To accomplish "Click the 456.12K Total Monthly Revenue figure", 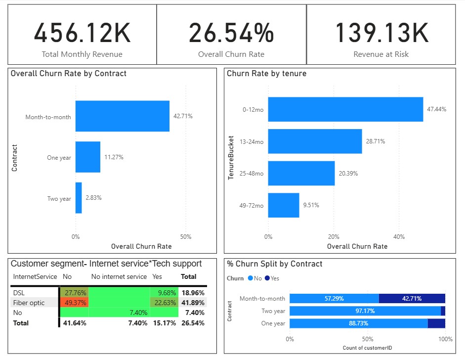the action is point(82,33).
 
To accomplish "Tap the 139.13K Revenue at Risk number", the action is point(381,33).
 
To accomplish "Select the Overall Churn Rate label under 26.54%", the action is point(231,54).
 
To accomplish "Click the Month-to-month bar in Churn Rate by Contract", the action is point(123,116).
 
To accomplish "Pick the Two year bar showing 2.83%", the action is point(79,198).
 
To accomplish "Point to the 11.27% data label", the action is point(114,157).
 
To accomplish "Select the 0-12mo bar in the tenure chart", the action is point(345,109).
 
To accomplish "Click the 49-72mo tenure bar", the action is point(284,205).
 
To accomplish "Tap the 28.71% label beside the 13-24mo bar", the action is point(376,141).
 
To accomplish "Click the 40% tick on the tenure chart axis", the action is point(399,237).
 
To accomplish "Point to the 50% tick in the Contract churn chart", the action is point(186,237).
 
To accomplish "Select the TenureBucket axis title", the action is point(231,158).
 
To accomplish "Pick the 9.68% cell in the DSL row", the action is point(164,293).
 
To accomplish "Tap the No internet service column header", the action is point(119,276).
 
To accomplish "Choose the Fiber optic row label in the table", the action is point(29,303).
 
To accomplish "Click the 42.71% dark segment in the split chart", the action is point(412,299).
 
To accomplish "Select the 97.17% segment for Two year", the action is point(365,311).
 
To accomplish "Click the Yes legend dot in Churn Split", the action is point(267,278).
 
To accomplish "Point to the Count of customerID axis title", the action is point(367,348).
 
